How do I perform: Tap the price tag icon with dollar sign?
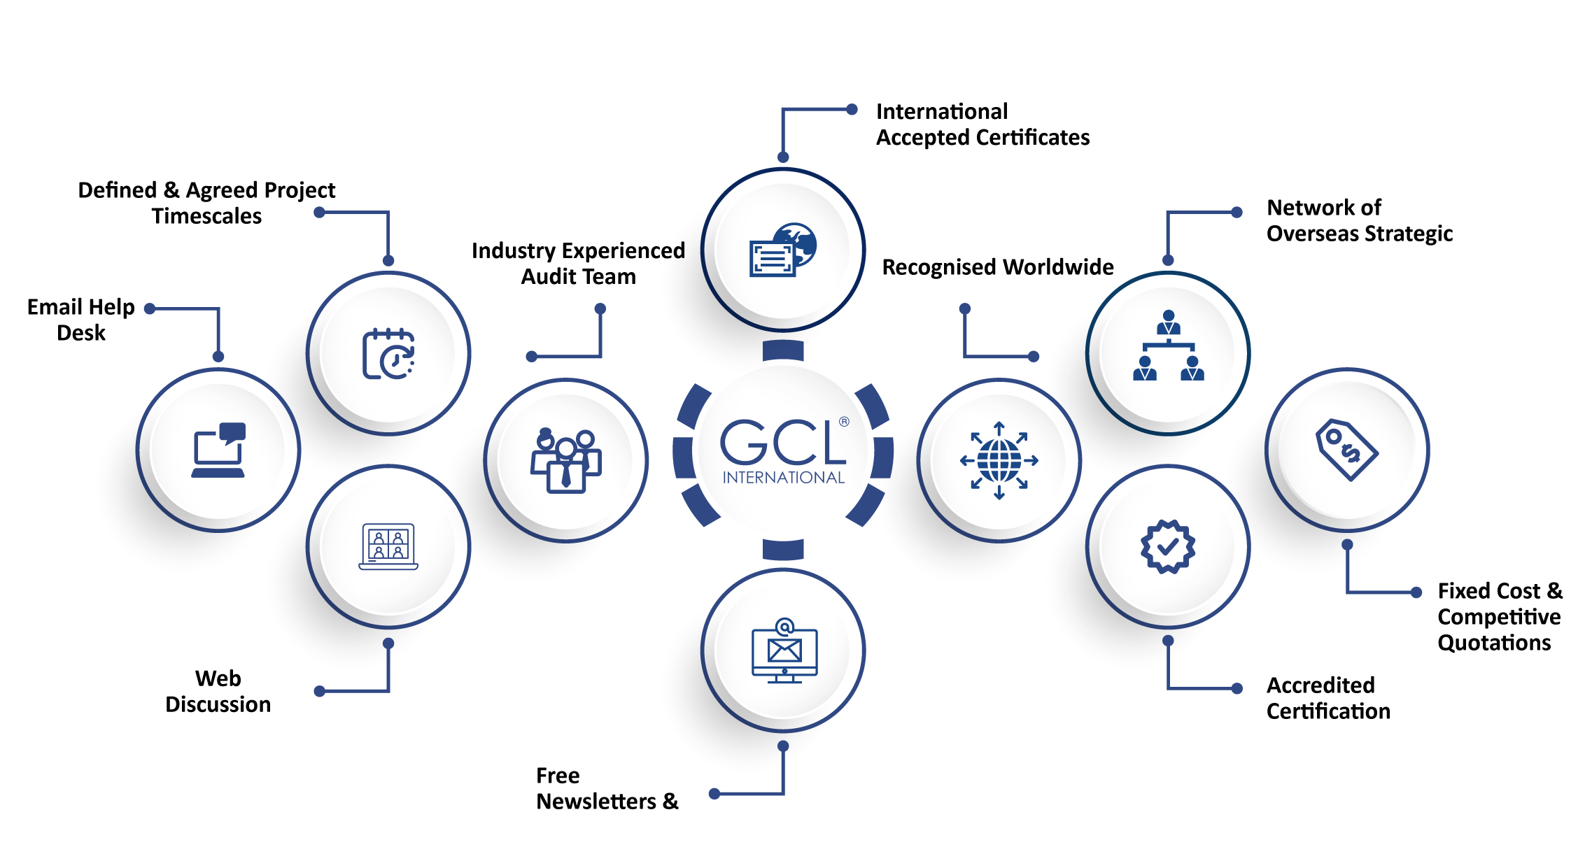coord(1346,450)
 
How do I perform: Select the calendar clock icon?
coord(388,353)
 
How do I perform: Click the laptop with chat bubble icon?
coord(218,450)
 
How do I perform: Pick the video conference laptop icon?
coord(388,546)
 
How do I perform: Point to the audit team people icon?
coord(565,460)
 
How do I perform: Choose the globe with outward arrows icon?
coord(999,460)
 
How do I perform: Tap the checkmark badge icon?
coord(1168,546)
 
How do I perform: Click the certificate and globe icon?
coord(783,250)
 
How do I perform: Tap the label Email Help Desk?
coord(81,320)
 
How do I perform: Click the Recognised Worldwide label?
coord(997,267)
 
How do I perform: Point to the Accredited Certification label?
coord(1327,698)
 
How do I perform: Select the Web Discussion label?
coord(218,691)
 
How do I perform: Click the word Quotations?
coord(1494,643)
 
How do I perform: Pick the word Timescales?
coord(206,216)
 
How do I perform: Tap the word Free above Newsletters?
coord(558,776)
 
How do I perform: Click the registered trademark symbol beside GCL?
coord(844,422)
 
